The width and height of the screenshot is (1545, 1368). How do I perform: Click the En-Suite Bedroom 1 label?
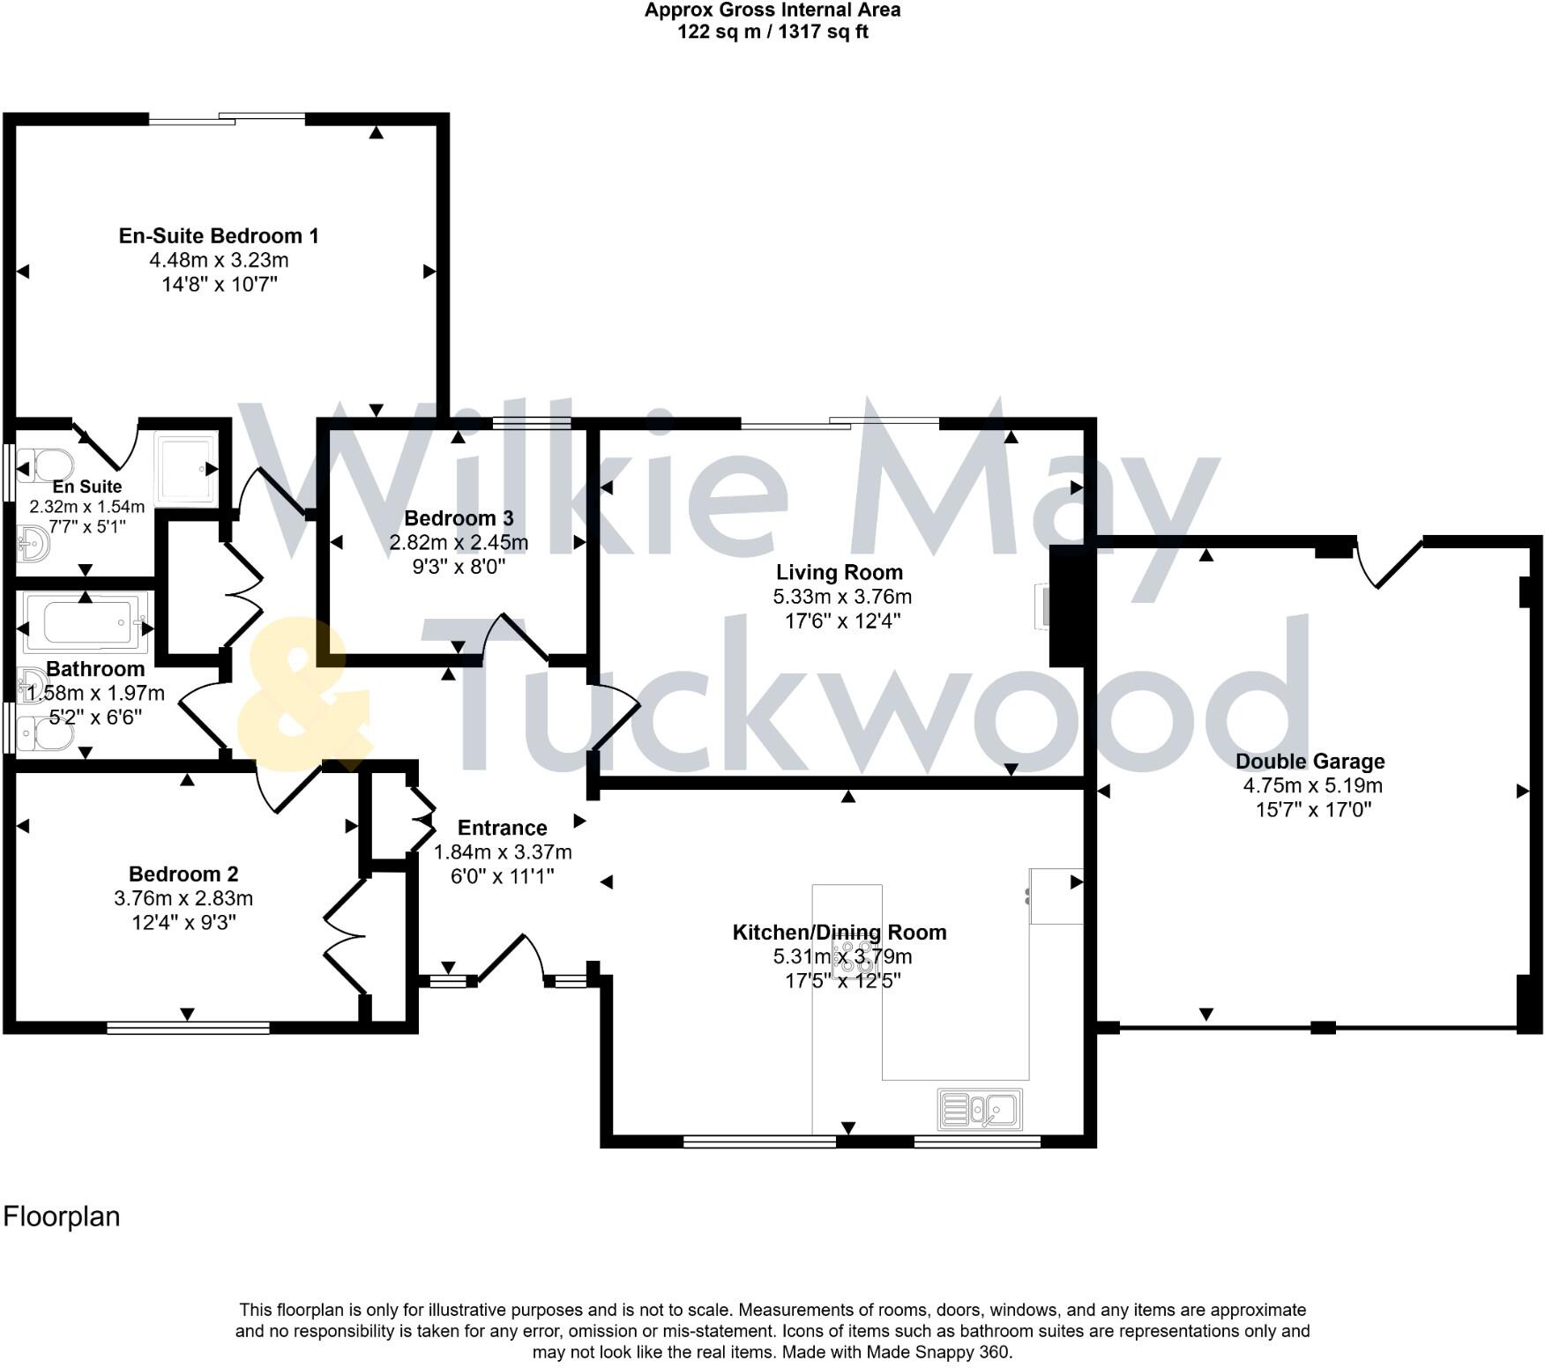219,236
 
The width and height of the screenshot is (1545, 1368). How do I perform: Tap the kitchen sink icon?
980,1109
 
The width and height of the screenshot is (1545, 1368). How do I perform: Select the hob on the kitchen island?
847,959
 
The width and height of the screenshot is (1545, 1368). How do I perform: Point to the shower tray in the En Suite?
185,468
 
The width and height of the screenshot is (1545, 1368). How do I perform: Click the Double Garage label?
1310,762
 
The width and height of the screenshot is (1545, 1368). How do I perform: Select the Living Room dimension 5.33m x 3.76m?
842,597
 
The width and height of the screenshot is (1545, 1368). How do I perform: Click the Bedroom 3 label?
459,518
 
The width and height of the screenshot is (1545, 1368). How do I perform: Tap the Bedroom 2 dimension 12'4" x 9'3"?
183,923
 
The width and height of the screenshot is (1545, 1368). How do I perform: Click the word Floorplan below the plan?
62,1216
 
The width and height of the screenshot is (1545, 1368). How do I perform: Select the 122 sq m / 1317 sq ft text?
772,33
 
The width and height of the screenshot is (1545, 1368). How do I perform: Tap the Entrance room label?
502,828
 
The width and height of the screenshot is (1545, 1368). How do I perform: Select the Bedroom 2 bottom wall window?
188,1027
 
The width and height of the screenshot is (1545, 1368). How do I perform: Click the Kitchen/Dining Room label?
840,933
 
